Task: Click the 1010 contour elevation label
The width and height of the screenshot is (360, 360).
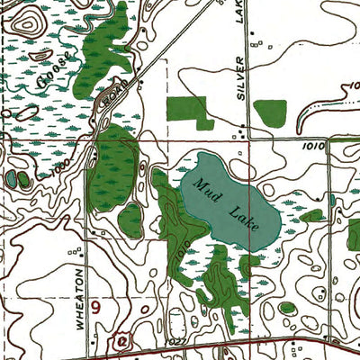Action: (x=312, y=143)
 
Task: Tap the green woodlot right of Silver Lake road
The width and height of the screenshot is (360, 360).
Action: (x=269, y=112)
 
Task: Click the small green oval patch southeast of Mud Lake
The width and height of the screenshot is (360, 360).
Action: (x=287, y=309)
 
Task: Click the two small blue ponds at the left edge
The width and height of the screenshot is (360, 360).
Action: (x=17, y=179)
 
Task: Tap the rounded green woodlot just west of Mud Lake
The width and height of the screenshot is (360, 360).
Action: (x=131, y=219)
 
